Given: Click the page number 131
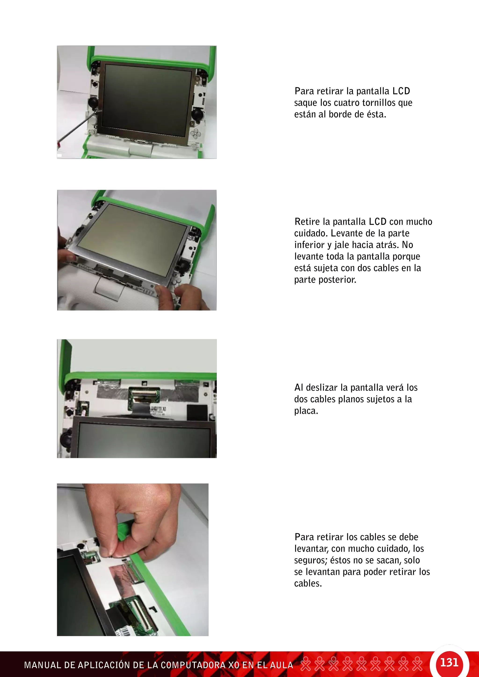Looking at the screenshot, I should [x=449, y=663].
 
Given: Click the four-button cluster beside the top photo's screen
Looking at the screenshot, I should [x=195, y=135].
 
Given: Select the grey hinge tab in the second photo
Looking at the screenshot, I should [x=110, y=289].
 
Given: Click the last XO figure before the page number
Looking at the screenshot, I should [x=417, y=664].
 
